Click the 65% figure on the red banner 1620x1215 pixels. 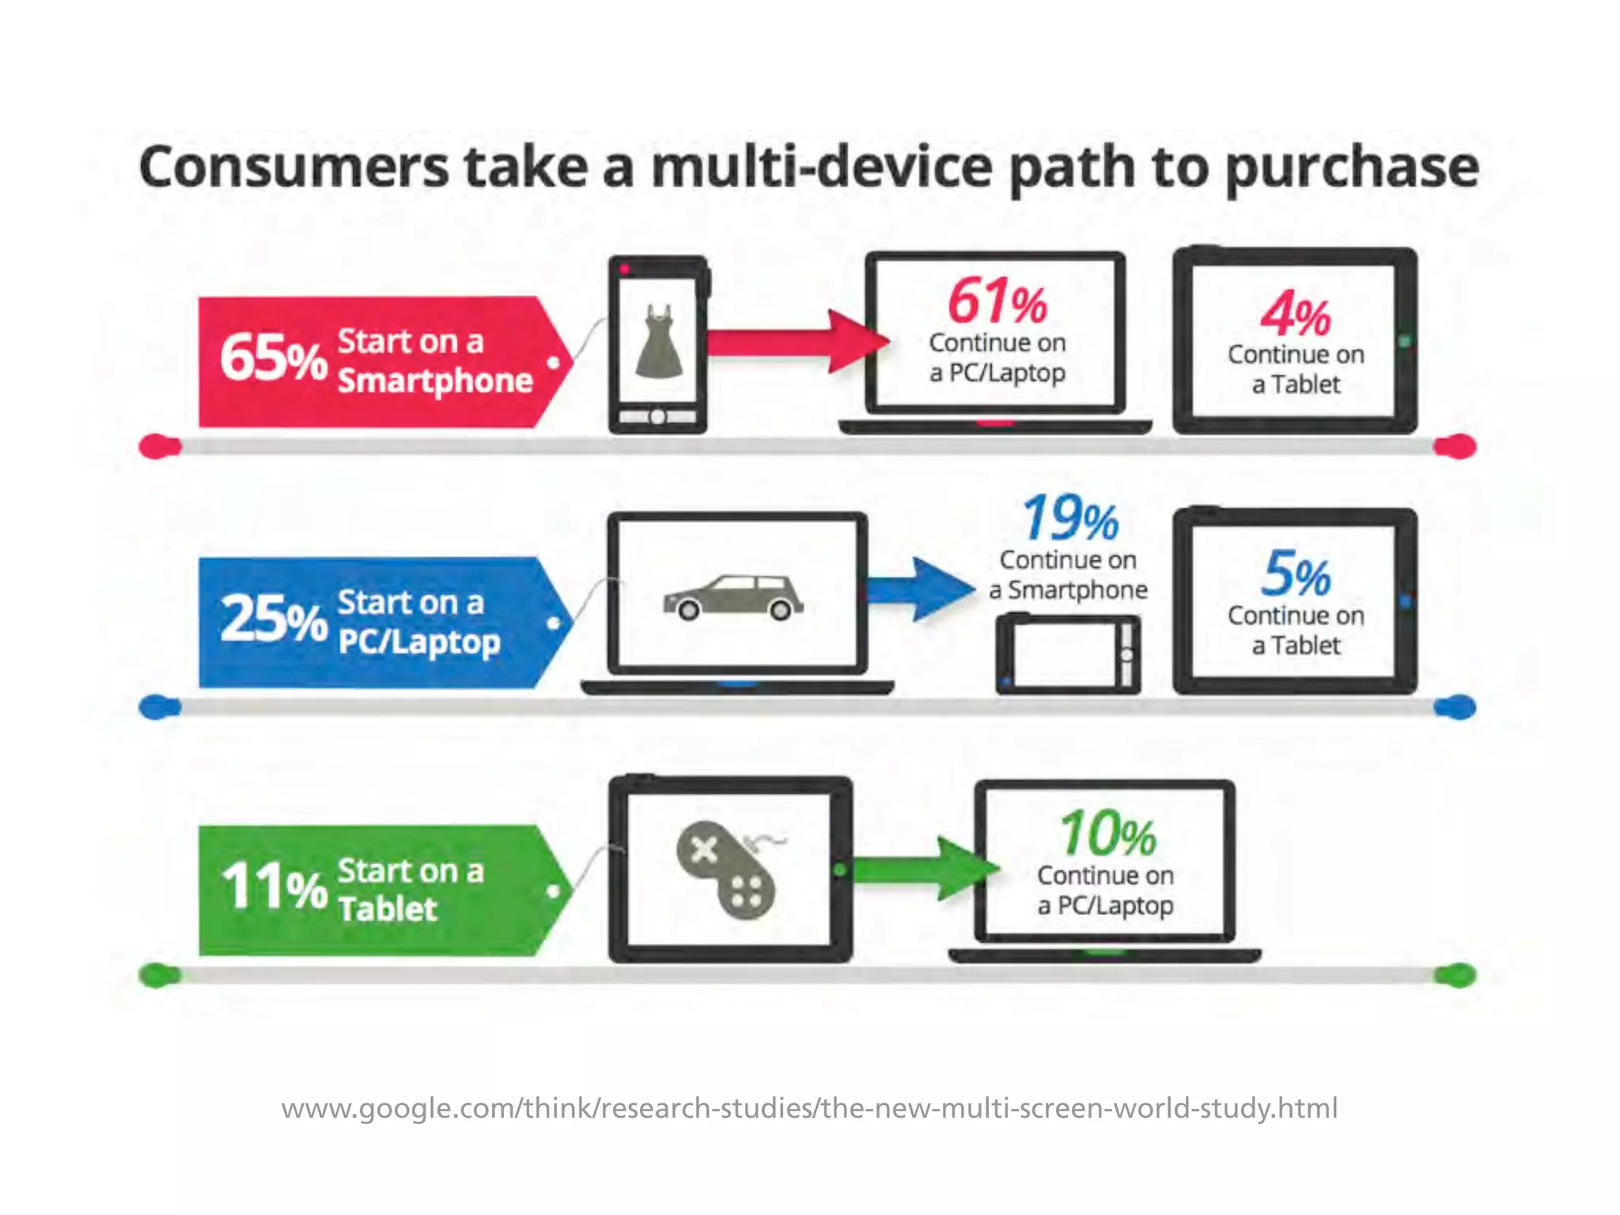pyautogui.click(x=273, y=358)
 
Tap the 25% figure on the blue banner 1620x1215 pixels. pyautogui.click(x=273, y=619)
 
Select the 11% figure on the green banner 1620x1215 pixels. pyautogui.click(x=273, y=886)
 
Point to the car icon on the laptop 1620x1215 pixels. pyautogui.click(x=733, y=597)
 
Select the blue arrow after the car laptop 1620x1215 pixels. pyautogui.click(x=922, y=589)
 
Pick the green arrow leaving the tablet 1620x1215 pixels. pyautogui.click(x=925, y=869)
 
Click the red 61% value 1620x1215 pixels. pyautogui.click(x=997, y=301)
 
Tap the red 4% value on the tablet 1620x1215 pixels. pyautogui.click(x=1295, y=314)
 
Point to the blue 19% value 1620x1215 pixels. pyautogui.click(x=1069, y=518)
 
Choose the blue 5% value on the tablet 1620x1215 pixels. pyautogui.click(x=1296, y=574)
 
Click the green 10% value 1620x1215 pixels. pyautogui.click(x=1107, y=834)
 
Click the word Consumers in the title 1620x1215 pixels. pyautogui.click(x=293, y=168)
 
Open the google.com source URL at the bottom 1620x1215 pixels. pyautogui.click(x=809, y=1107)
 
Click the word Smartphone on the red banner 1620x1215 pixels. pyautogui.click(x=435, y=381)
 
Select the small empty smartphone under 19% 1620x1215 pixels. pyautogui.click(x=1068, y=654)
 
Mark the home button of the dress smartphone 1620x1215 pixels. pyautogui.click(x=657, y=417)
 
